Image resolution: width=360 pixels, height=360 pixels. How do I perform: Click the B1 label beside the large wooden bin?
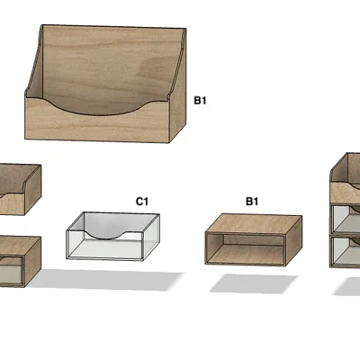coord(200,100)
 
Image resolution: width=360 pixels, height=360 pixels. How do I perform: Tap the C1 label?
coord(142,202)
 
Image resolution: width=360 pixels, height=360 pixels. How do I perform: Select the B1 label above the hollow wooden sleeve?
coord(252,202)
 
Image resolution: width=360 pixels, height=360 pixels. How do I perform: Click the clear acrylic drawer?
coord(112,237)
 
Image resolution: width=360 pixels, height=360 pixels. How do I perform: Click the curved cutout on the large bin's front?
coord(96,107)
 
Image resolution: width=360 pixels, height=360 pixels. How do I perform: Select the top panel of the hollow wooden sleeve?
coord(255,223)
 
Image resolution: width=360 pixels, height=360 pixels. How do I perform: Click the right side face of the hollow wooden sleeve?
coord(293,240)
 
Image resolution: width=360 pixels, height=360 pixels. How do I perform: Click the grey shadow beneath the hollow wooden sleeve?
coord(254,283)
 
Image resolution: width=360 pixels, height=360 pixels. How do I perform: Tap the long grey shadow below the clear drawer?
coord(105,280)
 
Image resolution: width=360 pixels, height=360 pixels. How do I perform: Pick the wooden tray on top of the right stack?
coord(345,179)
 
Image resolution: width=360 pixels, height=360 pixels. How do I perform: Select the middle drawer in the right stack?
coord(346,220)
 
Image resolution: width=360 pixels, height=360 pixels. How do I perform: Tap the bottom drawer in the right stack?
coord(346,251)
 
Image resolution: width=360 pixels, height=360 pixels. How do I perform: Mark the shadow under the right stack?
coord(347,287)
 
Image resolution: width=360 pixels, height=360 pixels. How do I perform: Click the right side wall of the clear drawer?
coord(150,237)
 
